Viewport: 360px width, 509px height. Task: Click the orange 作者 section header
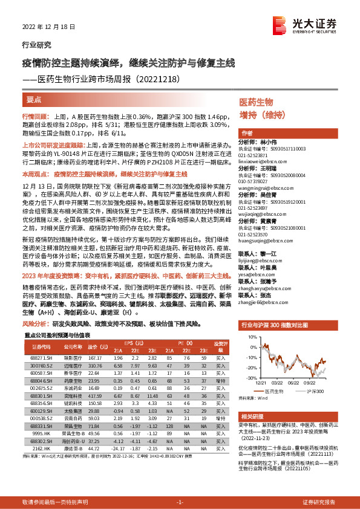[x=247, y=133]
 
